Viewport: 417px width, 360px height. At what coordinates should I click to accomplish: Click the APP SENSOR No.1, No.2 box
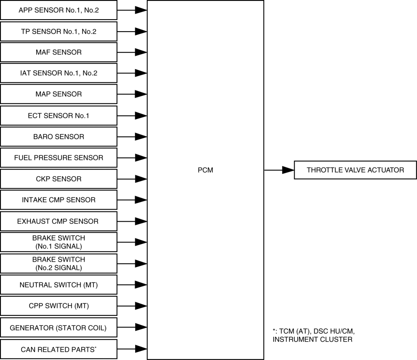[x=58, y=10]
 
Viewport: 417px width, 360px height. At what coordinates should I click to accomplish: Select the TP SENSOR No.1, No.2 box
[x=58, y=31]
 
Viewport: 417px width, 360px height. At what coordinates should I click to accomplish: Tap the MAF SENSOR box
[x=58, y=52]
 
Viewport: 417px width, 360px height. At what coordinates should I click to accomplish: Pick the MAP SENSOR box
[x=58, y=94]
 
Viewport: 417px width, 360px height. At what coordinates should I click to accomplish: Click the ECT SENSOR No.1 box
[x=58, y=115]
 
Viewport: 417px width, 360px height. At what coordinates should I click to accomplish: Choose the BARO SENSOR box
[x=58, y=137]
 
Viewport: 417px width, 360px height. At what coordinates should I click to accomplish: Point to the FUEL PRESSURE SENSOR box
[x=58, y=158]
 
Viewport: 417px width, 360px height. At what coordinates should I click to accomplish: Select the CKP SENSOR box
[x=58, y=179]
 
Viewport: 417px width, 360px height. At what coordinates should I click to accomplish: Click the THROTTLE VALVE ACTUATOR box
[x=355, y=170]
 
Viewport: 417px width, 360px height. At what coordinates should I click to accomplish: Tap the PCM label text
[x=205, y=170]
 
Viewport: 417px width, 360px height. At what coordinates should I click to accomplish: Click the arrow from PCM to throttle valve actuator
[x=279, y=170]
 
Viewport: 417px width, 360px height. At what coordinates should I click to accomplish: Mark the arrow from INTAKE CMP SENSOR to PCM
[x=132, y=200]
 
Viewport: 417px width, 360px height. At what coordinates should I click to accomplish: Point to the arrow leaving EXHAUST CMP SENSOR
[x=132, y=221]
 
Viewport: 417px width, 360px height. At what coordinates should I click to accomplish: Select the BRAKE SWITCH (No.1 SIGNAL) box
[x=58, y=242]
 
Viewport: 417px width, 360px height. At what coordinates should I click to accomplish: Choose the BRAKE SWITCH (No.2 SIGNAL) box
[x=58, y=264]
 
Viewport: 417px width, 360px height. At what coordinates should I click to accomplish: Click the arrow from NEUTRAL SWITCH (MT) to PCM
[x=132, y=285]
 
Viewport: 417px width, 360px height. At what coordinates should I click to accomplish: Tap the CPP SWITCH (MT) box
[x=58, y=306]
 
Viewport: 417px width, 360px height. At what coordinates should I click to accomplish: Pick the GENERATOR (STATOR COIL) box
[x=58, y=327]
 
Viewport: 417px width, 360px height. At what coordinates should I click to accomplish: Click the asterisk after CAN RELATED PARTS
[x=95, y=347]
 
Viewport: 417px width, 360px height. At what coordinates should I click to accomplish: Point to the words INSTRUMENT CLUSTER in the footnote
[x=312, y=340]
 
